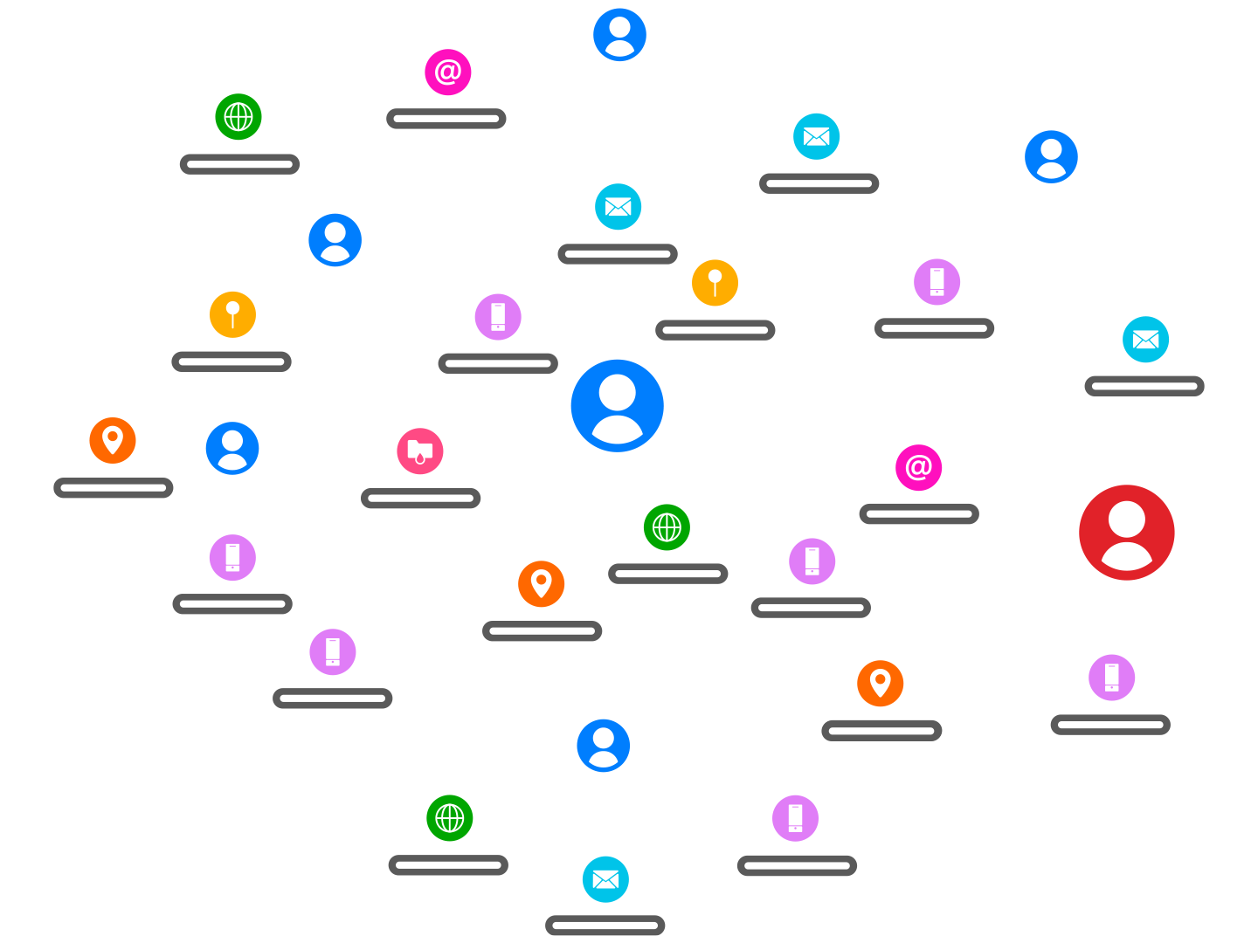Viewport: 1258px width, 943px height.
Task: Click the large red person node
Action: pyautogui.click(x=1126, y=532)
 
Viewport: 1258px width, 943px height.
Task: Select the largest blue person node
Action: pyautogui.click(x=617, y=405)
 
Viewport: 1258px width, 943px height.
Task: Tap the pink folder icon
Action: pyautogui.click(x=420, y=451)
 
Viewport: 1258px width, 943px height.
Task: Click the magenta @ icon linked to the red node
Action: pyautogui.click(x=918, y=467)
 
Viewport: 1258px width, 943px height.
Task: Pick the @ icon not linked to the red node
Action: pyautogui.click(x=447, y=72)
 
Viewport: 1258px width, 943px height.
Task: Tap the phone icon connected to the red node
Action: pyautogui.click(x=1111, y=677)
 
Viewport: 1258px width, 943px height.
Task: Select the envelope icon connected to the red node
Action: pyautogui.click(x=1145, y=340)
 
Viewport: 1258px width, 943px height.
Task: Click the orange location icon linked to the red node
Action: pyautogui.click(x=880, y=683)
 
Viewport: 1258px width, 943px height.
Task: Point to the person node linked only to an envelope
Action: pyautogui.click(x=619, y=35)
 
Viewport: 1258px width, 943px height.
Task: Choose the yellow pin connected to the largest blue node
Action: pyautogui.click(x=715, y=282)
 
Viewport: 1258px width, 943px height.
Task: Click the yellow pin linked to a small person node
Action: pyautogui.click(x=232, y=314)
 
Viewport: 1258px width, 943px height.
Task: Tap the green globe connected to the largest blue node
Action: pyautogui.click(x=667, y=527)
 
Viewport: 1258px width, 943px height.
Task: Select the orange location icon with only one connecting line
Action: pyautogui.click(x=113, y=440)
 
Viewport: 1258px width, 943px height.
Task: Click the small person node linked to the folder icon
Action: pyautogui.click(x=232, y=448)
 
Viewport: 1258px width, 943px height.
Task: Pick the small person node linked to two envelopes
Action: pyautogui.click(x=1051, y=157)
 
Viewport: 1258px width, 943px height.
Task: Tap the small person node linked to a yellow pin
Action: pyautogui.click(x=335, y=240)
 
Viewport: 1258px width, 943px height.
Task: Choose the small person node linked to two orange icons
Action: pyautogui.click(x=603, y=745)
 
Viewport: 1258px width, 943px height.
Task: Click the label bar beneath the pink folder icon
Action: pyautogui.click(x=420, y=499)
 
